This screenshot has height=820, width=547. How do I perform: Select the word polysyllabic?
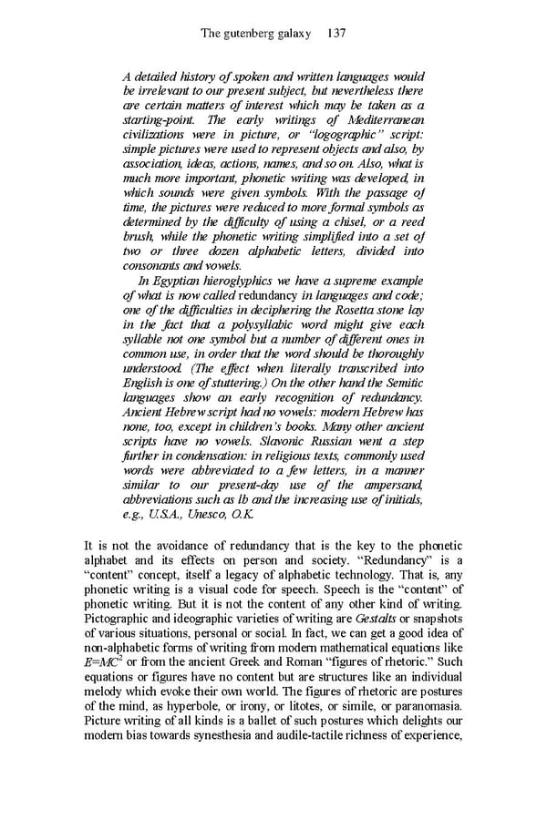coord(265,325)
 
